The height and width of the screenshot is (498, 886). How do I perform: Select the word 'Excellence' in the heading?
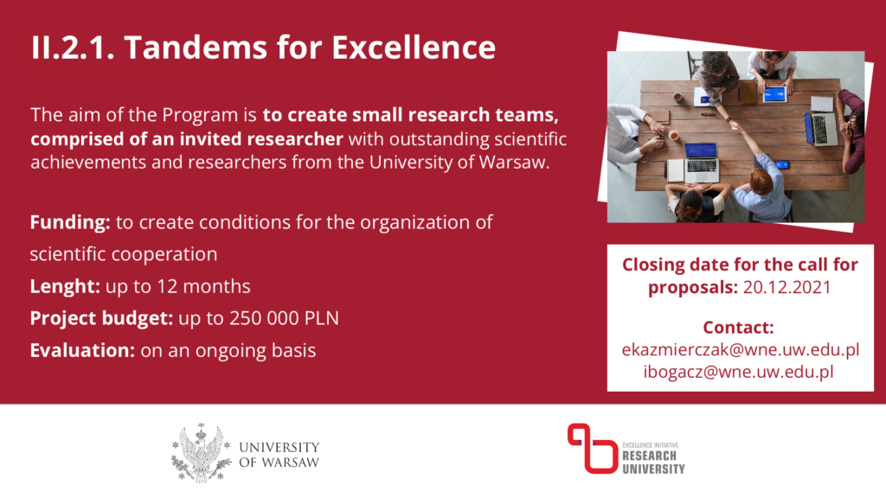[x=414, y=47]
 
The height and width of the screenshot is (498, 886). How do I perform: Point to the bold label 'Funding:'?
[x=70, y=222]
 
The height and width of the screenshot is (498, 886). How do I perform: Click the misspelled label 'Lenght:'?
[x=65, y=286]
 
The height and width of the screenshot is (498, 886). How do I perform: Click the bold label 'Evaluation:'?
[x=82, y=351]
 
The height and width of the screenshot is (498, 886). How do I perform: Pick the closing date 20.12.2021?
[x=787, y=287]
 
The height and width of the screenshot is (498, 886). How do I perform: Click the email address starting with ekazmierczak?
[x=741, y=350]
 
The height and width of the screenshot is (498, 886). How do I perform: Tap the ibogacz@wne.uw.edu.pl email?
[x=739, y=372]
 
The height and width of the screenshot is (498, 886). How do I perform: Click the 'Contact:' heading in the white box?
[x=739, y=328]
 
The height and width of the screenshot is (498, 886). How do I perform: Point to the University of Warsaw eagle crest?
[x=201, y=453]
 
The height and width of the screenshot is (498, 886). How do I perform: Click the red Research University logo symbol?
[x=592, y=449]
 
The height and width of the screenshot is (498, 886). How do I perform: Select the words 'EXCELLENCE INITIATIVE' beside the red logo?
[x=651, y=445]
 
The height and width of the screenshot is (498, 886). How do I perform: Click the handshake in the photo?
[x=735, y=126]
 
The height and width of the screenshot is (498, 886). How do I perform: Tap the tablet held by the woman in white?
[x=774, y=94]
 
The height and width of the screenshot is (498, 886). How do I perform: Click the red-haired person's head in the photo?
[x=760, y=182]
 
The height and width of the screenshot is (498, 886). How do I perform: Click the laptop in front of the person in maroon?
[x=819, y=128]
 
